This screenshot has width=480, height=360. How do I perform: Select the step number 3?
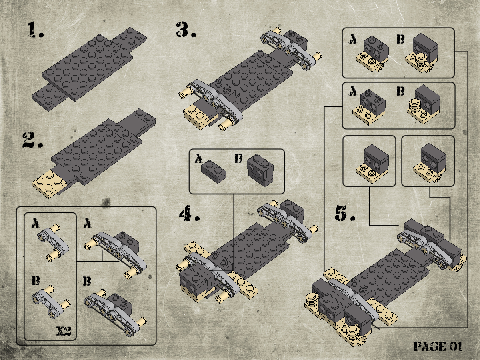[186, 29]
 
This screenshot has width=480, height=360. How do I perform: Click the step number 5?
[345, 214]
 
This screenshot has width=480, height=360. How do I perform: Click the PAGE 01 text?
[438, 346]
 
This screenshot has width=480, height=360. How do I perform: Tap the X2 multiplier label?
[64, 331]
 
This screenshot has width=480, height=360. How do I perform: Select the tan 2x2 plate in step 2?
[49, 184]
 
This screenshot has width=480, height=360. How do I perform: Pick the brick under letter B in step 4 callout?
[260, 170]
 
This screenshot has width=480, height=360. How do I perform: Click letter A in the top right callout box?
[353, 39]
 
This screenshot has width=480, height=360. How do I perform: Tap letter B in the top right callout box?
[401, 39]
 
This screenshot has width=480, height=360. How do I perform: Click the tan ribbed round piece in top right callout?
[420, 61]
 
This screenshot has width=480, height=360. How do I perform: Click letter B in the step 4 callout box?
[238, 158]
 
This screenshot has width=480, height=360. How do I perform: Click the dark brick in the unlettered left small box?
[376, 158]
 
